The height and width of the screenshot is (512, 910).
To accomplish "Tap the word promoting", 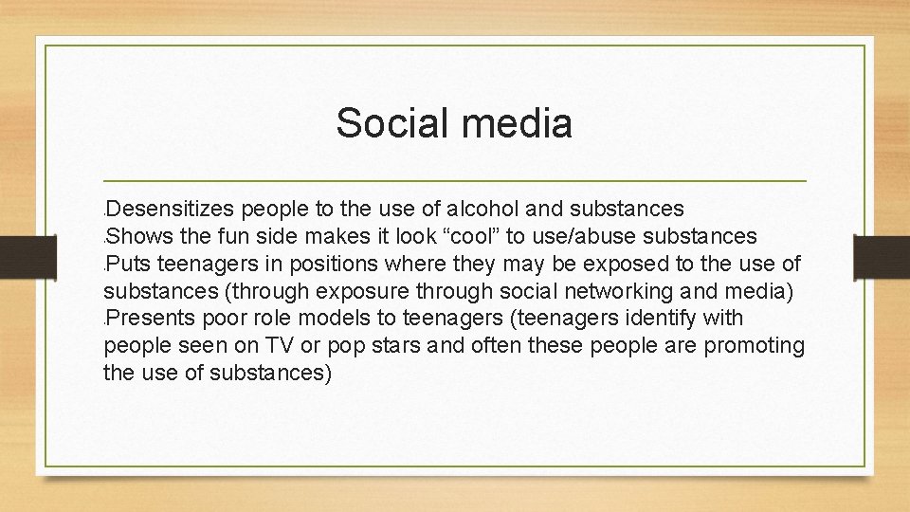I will (754, 345).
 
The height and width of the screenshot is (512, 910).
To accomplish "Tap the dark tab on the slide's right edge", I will (882, 255).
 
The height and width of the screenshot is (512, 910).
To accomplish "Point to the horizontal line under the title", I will (455, 180).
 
